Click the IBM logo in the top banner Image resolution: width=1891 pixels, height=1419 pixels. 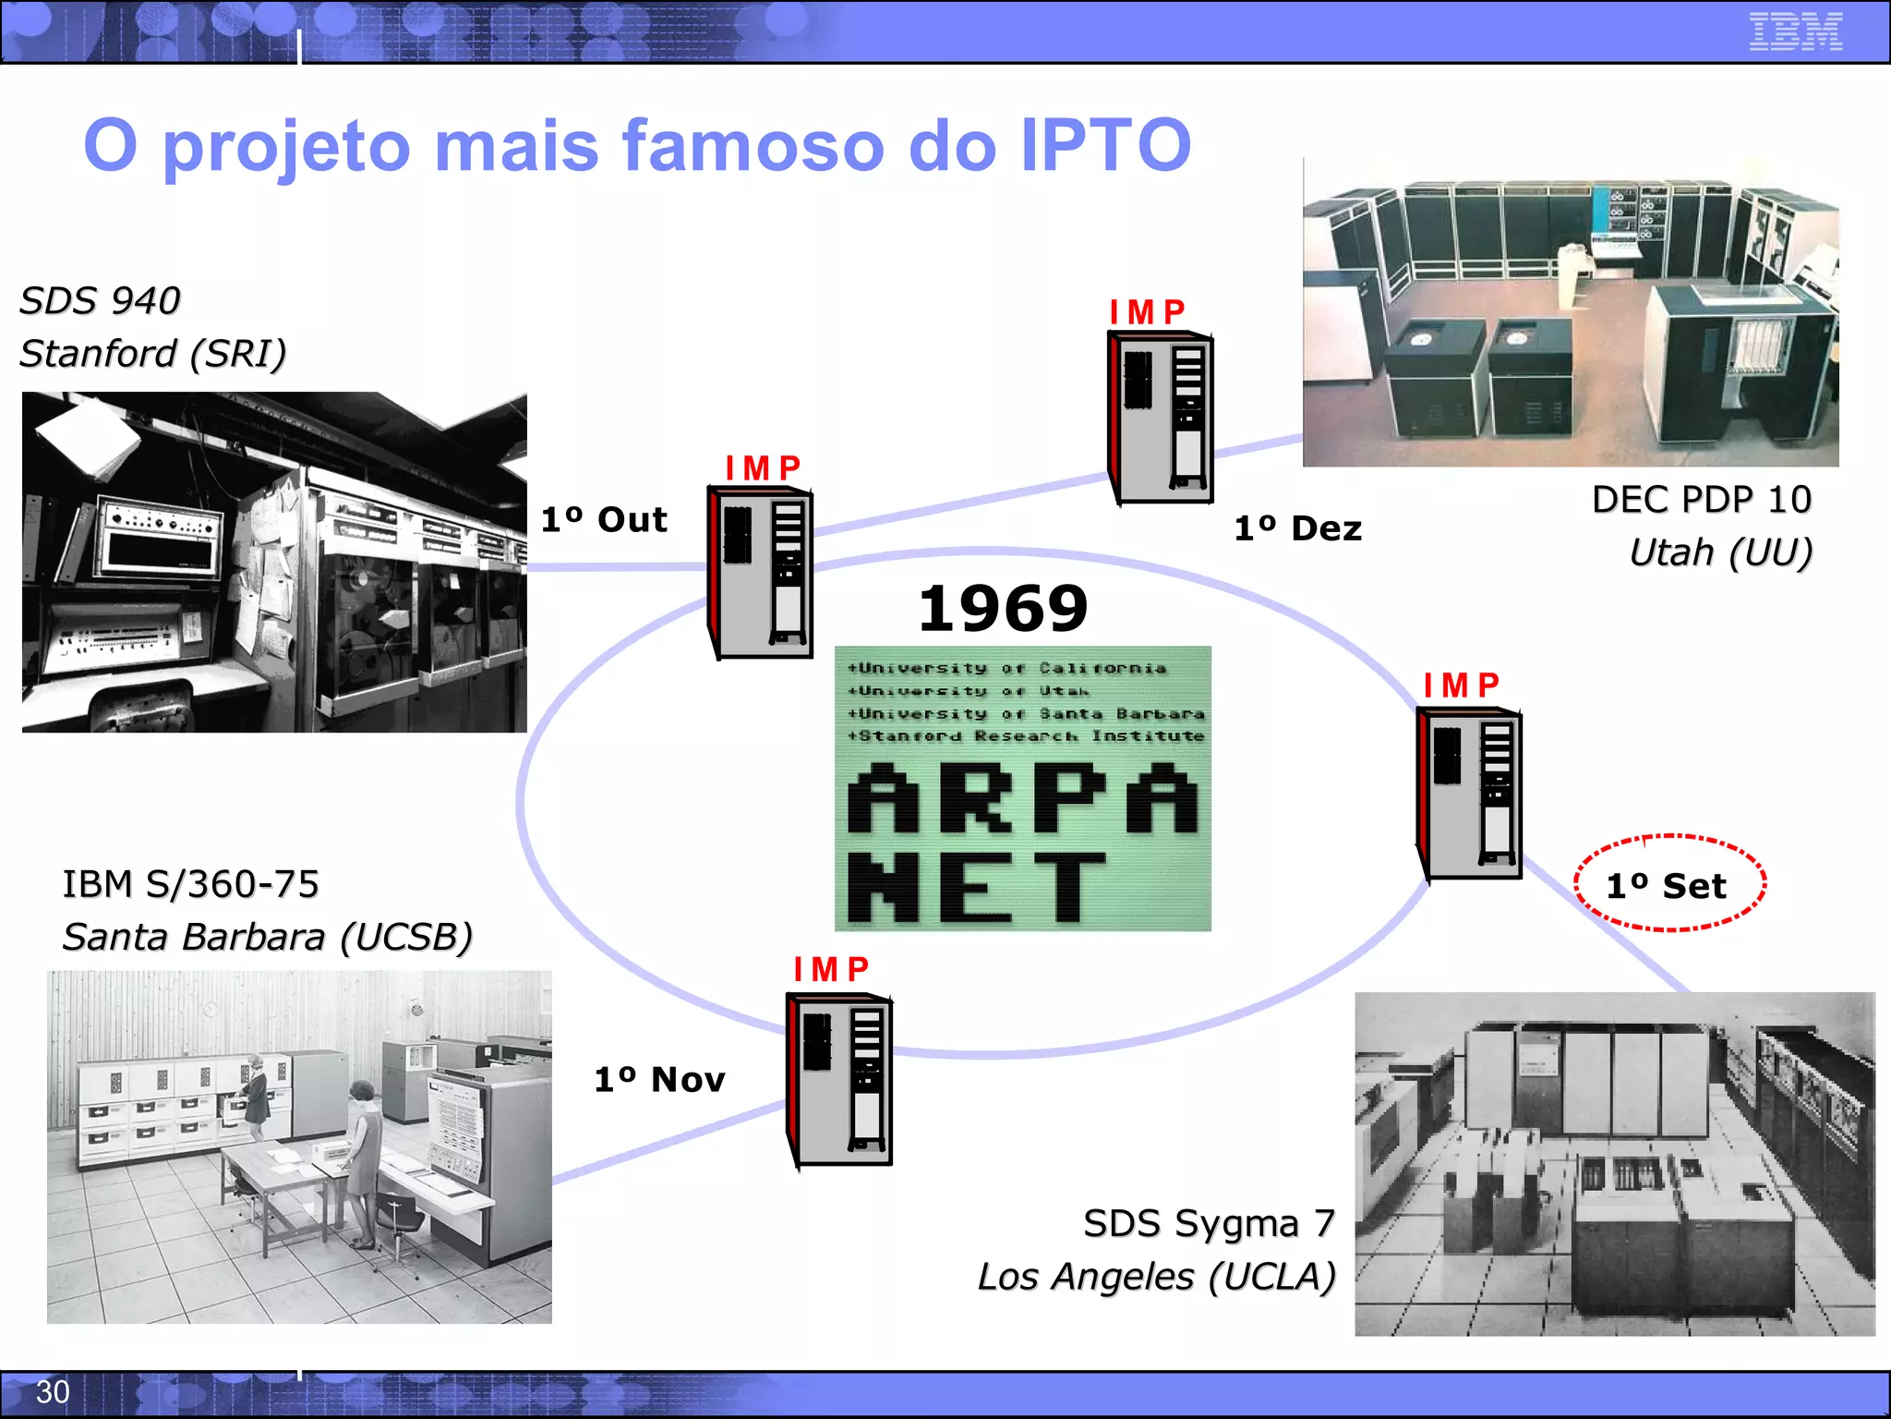pyautogui.click(x=1795, y=31)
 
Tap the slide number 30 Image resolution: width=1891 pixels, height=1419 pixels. pyautogui.click(x=53, y=1391)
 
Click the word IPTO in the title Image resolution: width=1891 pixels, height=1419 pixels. pyautogui.click(x=1105, y=145)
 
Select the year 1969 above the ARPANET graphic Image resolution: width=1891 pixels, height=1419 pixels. pyautogui.click(x=1004, y=609)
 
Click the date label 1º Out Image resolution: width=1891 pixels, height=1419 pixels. pyautogui.click(x=604, y=519)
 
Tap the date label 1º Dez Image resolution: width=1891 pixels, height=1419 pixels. pyautogui.click(x=1298, y=528)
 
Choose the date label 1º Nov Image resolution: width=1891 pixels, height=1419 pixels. pyautogui.click(x=659, y=1079)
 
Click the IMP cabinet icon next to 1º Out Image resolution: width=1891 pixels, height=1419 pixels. pyautogui.click(x=760, y=572)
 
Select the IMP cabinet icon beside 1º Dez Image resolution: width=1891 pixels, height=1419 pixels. pyautogui.click(x=1161, y=418)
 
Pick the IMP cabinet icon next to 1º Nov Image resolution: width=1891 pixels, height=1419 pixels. pyautogui.click(x=838, y=1079)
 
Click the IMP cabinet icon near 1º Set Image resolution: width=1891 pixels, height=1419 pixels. pyautogui.click(x=1469, y=794)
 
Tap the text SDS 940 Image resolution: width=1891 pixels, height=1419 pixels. pyautogui.click(x=101, y=300)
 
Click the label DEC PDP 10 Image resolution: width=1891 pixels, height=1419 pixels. pyautogui.click(x=1701, y=500)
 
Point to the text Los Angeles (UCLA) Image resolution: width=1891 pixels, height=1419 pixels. pyautogui.click(x=1156, y=1277)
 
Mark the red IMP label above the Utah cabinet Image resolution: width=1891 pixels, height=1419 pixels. pyautogui.click(x=1148, y=312)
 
